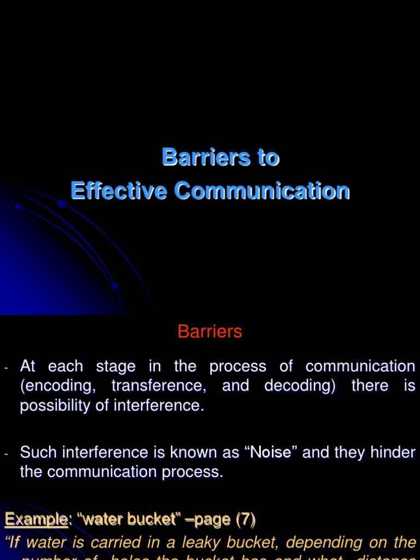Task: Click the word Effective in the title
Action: (x=119, y=191)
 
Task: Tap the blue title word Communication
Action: (x=262, y=191)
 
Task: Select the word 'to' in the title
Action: (x=268, y=157)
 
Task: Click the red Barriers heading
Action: (x=210, y=331)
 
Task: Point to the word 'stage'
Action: (x=114, y=366)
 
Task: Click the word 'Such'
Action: (x=39, y=452)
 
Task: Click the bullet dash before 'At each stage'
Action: (x=7, y=368)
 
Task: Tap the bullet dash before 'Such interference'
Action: (x=7, y=454)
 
